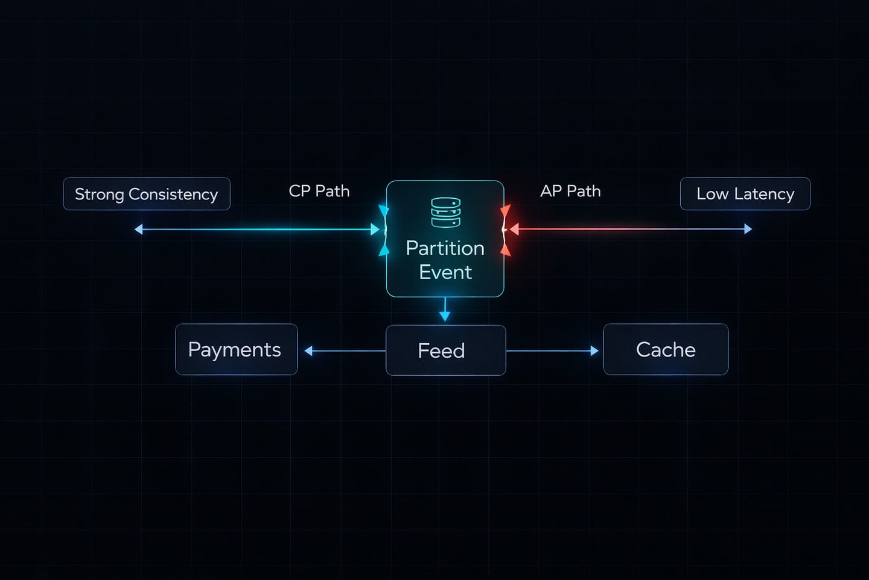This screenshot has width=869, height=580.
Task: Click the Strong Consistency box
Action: pos(147,194)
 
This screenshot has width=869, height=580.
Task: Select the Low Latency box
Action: pos(745,194)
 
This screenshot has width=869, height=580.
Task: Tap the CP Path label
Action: pos(319,191)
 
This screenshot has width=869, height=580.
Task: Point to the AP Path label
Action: pos(570,191)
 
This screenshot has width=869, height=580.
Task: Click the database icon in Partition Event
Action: pos(445,212)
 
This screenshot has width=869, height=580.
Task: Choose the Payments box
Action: pos(236,350)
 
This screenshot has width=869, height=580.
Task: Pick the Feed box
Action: pos(445,350)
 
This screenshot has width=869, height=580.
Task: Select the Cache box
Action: pos(666,350)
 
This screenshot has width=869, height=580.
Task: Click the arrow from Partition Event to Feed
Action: pos(445,309)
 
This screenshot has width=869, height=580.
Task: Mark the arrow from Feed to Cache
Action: pos(552,350)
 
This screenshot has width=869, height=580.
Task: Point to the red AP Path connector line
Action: pos(628,230)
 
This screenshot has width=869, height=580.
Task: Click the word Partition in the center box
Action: pos(445,248)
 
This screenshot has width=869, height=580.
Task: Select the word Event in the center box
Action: pos(445,272)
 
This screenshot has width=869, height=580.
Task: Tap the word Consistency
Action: pos(173,194)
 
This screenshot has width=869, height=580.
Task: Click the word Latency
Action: pos(764,194)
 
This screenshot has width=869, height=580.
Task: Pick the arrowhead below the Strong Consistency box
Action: pos(139,230)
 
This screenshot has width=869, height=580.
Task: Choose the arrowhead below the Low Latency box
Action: pos(748,229)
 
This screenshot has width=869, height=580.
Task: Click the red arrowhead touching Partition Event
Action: pos(514,230)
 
